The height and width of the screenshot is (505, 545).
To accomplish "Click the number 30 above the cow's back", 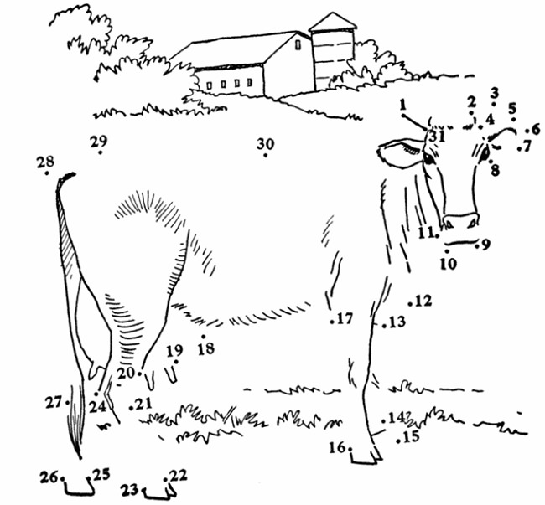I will coord(265,144).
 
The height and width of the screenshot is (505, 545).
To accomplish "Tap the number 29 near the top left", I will coord(100,141).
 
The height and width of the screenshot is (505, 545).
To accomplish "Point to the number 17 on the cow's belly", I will coord(345,318).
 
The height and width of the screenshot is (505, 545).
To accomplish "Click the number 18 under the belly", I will coord(205,348).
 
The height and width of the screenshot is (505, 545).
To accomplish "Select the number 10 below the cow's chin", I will coord(449,263).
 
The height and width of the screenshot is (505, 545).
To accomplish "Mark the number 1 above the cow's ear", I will coord(403,105).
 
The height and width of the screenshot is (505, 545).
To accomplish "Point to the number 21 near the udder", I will coord(144,404).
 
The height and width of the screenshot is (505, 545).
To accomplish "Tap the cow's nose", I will coord(460,221).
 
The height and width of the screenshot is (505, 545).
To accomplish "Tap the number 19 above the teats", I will coord(174,350).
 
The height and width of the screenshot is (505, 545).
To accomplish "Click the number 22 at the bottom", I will coord(179,476).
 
